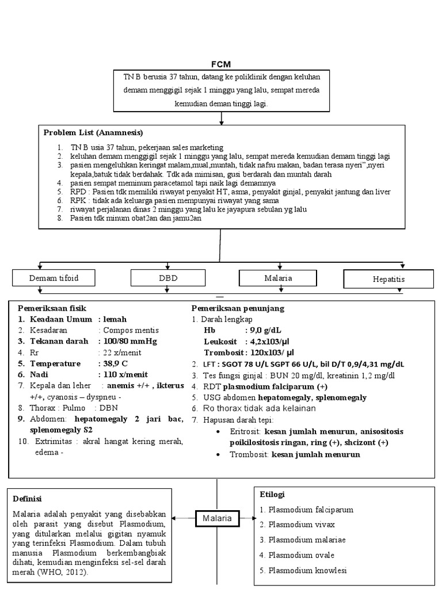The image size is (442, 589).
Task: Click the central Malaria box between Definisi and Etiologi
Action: click(216, 518)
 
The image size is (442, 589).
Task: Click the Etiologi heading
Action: click(272, 494)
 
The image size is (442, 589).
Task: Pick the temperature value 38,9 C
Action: click(116, 364)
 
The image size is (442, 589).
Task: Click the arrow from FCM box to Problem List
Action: click(222, 118)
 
